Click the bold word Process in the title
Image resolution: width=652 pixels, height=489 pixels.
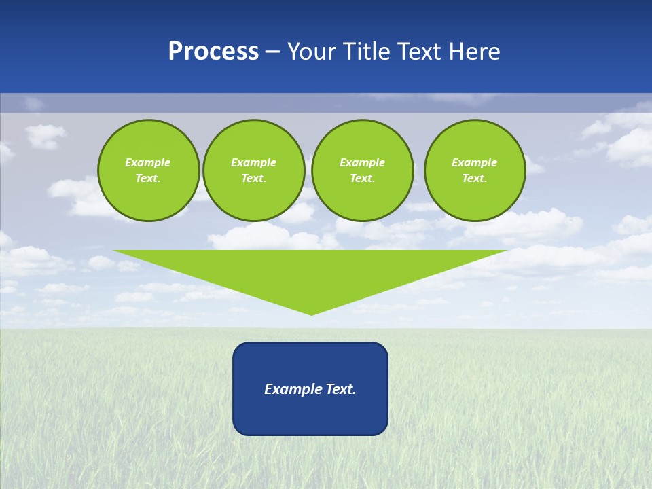click(x=213, y=52)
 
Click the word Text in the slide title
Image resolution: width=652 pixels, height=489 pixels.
click(x=421, y=52)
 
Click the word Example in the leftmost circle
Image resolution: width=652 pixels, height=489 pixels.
click(x=148, y=162)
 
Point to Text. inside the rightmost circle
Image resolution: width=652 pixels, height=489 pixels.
click(x=475, y=178)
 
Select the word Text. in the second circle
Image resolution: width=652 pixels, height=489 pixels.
click(x=253, y=178)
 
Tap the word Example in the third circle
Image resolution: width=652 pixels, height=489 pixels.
click(x=362, y=162)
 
